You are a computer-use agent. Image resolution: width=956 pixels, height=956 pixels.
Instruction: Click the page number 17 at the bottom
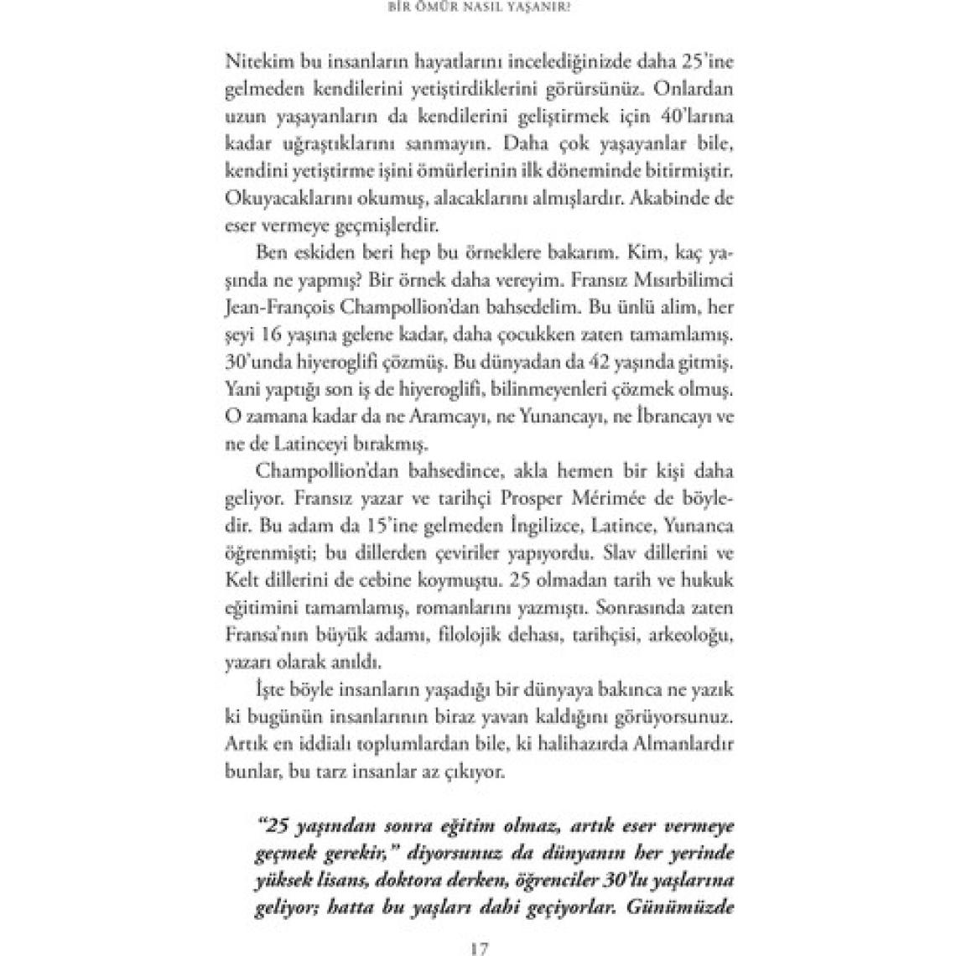(x=478, y=948)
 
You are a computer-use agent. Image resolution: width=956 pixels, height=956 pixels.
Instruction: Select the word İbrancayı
(x=657, y=414)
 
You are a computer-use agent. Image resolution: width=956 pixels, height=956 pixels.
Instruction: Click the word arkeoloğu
(x=694, y=632)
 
